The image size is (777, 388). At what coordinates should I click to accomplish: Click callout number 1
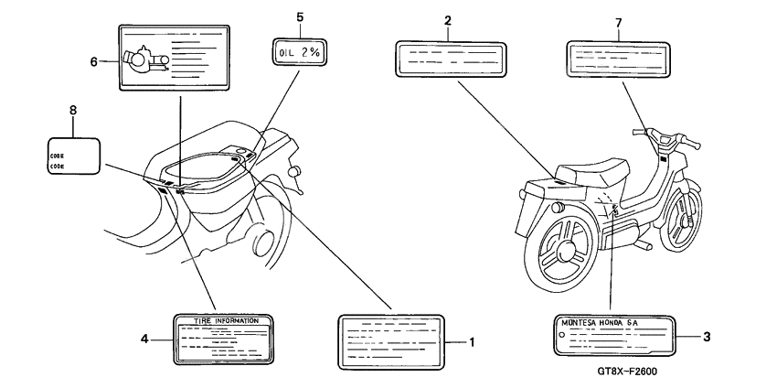(474, 342)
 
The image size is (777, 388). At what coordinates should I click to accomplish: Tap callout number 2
(448, 20)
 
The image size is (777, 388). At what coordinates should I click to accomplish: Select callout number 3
(708, 336)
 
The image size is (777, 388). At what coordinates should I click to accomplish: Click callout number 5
(298, 16)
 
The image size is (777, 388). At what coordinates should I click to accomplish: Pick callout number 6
(93, 61)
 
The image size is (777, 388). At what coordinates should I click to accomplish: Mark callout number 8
(74, 112)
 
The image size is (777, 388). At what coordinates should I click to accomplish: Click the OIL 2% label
(298, 54)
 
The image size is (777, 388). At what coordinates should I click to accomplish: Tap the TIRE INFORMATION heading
(224, 321)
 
